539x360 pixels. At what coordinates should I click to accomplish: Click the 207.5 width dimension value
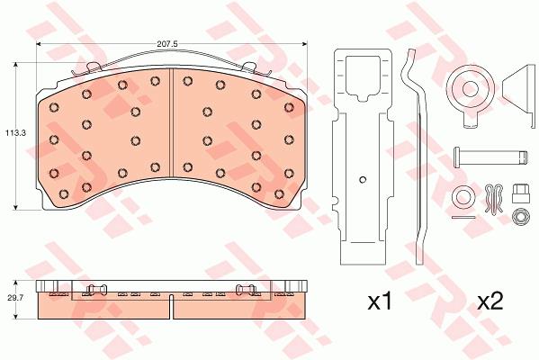point(166,44)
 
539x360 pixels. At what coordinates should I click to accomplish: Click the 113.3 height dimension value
point(15,132)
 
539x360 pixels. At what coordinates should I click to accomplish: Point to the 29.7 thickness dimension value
point(15,299)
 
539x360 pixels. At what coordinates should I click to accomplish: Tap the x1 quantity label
point(380,301)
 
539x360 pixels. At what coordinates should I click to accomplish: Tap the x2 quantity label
point(491,301)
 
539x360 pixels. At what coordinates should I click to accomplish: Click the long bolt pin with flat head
point(490,157)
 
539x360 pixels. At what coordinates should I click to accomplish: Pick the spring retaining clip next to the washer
point(494,200)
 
